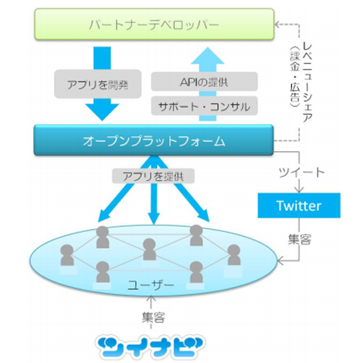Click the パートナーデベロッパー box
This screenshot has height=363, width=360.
pyautogui.click(x=153, y=25)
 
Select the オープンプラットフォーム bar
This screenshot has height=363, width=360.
pyautogui.click(x=153, y=139)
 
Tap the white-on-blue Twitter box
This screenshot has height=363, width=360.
pyautogui.click(x=299, y=206)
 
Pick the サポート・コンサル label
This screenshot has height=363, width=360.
pyautogui.click(x=203, y=107)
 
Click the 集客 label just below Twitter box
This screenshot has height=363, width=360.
pyautogui.click(x=298, y=238)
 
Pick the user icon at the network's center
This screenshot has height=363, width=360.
pyautogui.click(x=150, y=249)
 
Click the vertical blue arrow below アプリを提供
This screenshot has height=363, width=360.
pyautogui.click(x=150, y=205)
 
